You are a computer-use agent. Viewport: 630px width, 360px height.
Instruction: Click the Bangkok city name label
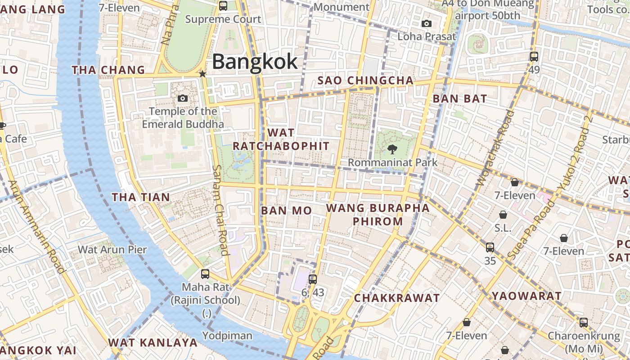[255, 62]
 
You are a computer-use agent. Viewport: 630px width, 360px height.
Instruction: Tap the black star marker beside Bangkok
[203, 74]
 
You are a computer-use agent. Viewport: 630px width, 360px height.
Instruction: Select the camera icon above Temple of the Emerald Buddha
[183, 98]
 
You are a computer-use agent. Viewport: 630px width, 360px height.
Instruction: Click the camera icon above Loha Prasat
[426, 23]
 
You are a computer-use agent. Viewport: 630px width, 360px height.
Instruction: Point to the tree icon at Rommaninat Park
[392, 149]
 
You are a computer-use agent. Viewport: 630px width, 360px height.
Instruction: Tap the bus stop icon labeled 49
[534, 57]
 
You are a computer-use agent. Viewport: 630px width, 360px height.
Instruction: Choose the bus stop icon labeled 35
[490, 247]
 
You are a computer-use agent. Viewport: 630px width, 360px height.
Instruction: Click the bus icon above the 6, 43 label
[313, 279]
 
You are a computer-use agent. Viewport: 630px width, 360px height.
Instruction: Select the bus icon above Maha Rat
[205, 274]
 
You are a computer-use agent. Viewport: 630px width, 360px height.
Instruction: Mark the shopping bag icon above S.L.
[503, 215]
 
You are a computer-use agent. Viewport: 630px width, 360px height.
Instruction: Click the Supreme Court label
[223, 19]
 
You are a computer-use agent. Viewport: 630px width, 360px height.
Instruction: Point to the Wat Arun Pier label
[112, 249]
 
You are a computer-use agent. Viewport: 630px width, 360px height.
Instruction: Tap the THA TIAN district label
[141, 197]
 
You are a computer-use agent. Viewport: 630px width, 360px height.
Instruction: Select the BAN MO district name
[286, 211]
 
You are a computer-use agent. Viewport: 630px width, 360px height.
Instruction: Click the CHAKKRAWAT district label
[396, 298]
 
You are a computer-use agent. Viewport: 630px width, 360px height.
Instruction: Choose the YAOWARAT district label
[526, 296]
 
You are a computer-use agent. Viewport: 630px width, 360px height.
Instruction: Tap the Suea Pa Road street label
[531, 230]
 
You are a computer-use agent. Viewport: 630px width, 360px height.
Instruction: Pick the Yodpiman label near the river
[227, 336]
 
